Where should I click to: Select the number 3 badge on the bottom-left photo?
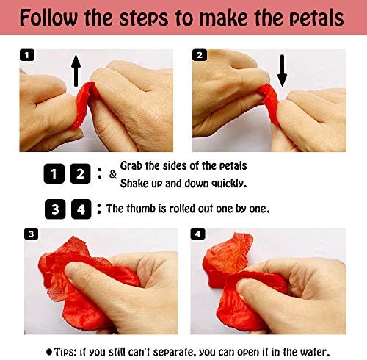tap(30, 234)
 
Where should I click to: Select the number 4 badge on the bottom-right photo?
tap(197, 234)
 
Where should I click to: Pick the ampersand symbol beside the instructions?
tap(112, 174)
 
